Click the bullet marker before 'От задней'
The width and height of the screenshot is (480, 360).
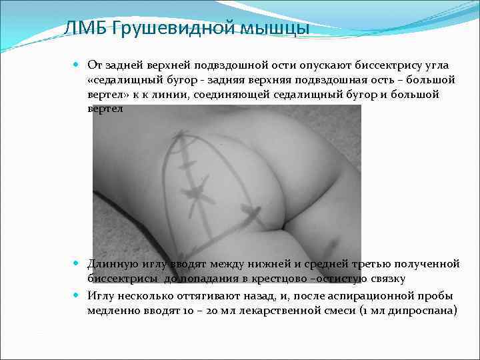click(77, 65)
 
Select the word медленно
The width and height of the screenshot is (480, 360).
click(112, 310)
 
